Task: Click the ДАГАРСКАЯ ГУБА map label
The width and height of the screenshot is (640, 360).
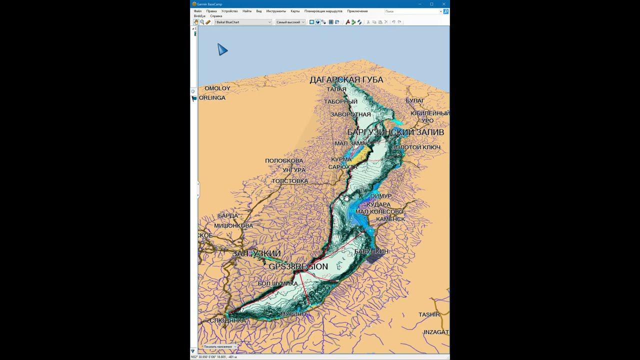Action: (x=346, y=80)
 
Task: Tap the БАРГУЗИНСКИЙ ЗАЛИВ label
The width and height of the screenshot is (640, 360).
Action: (x=395, y=132)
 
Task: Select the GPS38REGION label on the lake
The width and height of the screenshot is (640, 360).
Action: (x=298, y=267)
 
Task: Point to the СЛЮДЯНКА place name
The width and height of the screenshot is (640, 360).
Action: (x=227, y=320)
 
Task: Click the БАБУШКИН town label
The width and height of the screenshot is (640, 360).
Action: (x=371, y=251)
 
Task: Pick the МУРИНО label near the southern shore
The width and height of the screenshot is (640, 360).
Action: (x=292, y=314)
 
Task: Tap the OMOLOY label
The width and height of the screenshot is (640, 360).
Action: (x=217, y=88)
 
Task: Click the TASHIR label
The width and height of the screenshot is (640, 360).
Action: (x=429, y=314)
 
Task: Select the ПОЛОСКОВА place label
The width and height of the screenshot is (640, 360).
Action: (x=284, y=160)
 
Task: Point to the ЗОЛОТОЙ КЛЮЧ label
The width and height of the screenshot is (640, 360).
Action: (x=416, y=147)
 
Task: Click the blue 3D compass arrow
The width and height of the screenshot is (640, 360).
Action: (x=222, y=49)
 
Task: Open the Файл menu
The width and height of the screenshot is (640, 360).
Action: (x=198, y=11)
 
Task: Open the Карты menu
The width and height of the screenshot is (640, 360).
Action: (x=295, y=11)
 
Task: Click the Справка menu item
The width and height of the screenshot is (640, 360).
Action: (x=216, y=16)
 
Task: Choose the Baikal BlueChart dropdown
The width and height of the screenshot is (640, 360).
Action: (x=243, y=22)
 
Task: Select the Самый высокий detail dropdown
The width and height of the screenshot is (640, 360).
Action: (x=290, y=22)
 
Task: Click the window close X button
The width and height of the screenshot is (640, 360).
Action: (x=443, y=4)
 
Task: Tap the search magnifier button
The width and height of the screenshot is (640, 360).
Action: (x=446, y=11)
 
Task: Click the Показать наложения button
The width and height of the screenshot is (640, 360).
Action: (x=218, y=346)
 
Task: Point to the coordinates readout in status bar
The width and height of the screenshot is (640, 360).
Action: (x=214, y=357)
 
